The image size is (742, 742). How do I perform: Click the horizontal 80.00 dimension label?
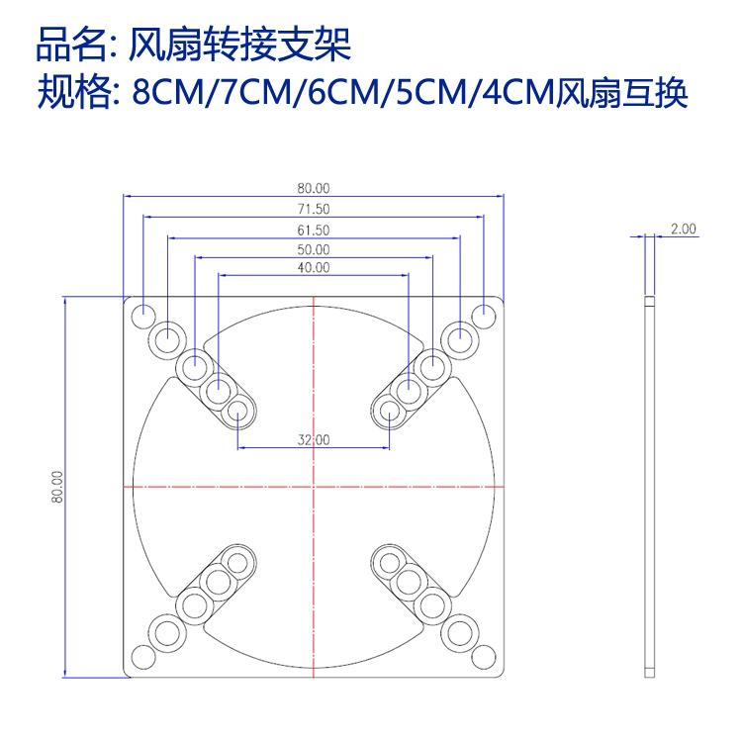pos(314,188)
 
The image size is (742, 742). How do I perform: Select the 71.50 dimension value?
pos(314,209)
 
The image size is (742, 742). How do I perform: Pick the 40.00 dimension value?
pos(314,267)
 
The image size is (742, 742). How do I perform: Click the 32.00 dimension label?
pos(314,440)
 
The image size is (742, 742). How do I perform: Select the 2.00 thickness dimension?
pos(684,229)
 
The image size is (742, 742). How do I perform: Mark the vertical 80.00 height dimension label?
pos(58,488)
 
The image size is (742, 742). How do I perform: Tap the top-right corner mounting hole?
pos(484,317)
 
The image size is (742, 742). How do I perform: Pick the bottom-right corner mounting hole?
pos(484,656)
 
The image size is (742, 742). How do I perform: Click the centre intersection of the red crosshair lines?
pos(314,487)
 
